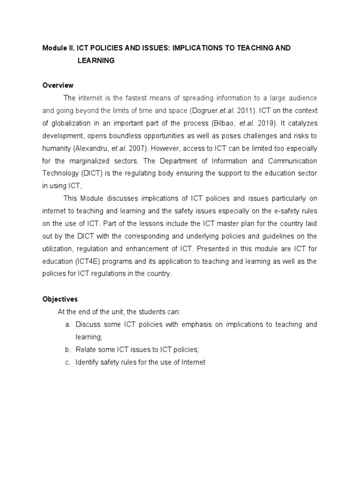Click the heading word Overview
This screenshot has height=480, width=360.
(58, 85)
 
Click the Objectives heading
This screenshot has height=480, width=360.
(60, 299)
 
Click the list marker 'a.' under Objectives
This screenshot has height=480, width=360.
(68, 324)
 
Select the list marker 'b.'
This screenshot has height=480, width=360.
(68, 350)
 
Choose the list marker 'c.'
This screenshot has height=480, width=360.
(68, 362)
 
